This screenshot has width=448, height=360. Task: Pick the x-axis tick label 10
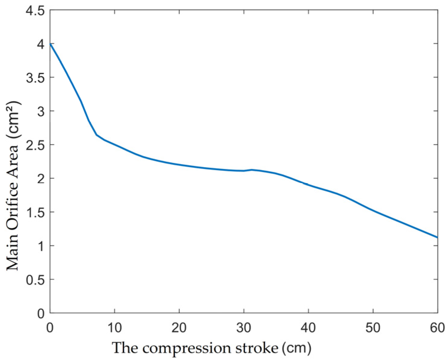coord(115,328)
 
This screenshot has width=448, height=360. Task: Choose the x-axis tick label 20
coord(179,328)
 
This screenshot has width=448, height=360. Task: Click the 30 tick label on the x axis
coord(244,328)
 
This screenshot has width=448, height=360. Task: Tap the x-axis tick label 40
coord(308,328)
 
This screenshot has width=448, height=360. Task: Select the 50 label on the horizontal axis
coord(373,328)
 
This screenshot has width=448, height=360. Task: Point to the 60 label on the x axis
coord(437,328)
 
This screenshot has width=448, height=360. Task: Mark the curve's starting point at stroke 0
coord(50,44)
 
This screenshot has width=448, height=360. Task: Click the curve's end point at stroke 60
coord(437,237)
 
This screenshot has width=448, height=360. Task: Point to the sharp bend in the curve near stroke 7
coord(96,135)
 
